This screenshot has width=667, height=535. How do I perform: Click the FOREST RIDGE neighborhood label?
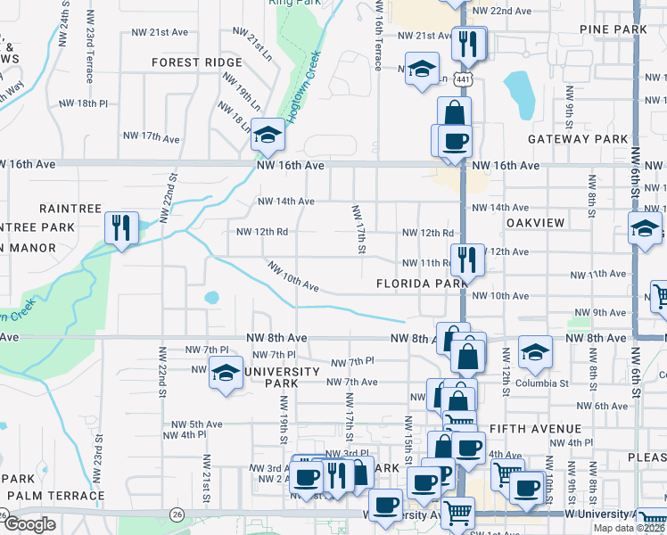pos(197,62)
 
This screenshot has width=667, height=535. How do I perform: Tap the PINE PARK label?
pos(612,29)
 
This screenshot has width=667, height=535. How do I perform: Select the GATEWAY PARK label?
pos(578,139)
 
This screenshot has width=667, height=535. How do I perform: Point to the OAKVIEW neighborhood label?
pos(537,222)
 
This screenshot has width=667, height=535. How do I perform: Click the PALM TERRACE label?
pos(55,495)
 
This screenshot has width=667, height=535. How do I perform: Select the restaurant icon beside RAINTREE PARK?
pos(119,226)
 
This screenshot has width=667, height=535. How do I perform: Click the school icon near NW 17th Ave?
pos(266,134)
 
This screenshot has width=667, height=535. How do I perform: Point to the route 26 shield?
pos(177,514)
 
